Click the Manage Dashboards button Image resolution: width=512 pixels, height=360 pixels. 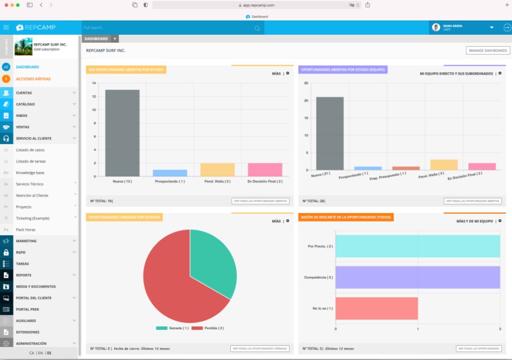488,51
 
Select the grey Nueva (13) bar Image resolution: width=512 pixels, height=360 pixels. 122,133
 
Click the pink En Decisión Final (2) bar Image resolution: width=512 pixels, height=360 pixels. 265,169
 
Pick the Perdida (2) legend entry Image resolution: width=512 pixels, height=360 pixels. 208,328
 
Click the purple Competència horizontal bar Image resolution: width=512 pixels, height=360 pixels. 417,277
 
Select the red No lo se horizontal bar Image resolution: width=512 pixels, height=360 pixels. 376,308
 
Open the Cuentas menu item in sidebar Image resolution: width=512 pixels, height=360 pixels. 24,93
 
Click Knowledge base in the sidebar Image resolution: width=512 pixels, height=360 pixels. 30,173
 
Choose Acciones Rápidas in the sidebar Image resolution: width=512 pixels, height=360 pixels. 33,79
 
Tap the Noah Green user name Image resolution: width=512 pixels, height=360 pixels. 452,26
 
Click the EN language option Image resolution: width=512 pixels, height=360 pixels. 40,353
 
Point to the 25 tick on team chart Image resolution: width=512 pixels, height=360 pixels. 306,83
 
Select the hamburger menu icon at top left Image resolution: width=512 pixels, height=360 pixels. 6,27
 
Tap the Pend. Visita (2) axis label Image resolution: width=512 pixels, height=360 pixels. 217,181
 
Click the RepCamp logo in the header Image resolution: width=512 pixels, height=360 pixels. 36,27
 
